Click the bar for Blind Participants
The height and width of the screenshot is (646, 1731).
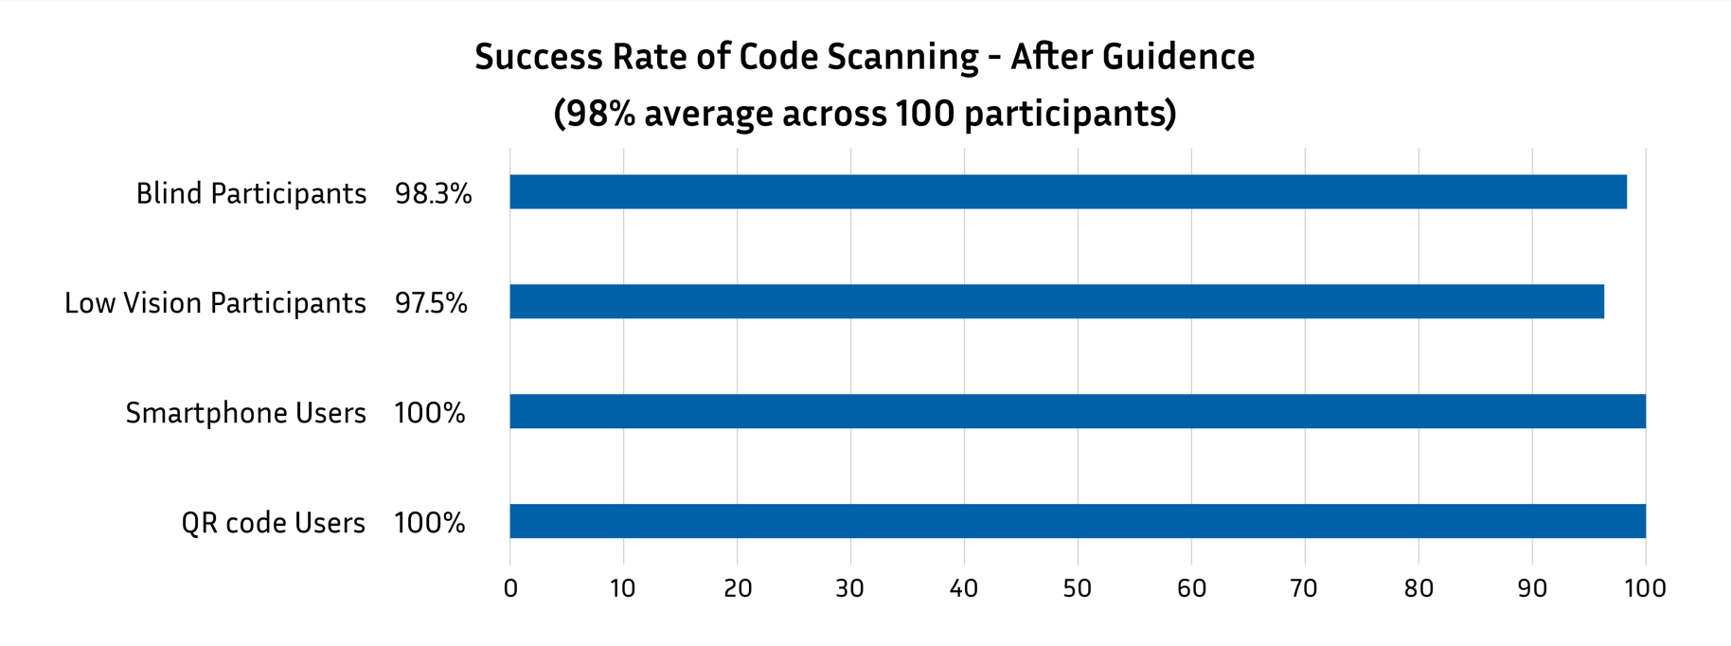point(1067,191)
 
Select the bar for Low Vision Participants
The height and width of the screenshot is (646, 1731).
point(1056,301)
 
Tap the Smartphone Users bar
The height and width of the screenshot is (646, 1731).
point(1077,411)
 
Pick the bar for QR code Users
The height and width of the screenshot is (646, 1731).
point(1077,521)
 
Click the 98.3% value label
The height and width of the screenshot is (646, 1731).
point(433,193)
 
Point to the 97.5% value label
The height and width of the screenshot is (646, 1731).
point(431,303)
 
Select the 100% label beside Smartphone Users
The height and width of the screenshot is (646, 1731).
point(429,413)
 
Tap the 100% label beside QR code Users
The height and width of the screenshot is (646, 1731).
point(429,523)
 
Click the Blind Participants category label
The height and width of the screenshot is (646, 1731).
point(251,193)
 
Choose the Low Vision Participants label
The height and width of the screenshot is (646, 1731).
point(215,303)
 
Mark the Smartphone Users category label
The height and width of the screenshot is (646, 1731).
point(245,413)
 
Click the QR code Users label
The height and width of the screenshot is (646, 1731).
point(273,523)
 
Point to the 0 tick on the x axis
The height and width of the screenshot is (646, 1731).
point(510,588)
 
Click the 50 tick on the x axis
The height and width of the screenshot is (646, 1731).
point(1077,588)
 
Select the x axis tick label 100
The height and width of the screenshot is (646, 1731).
point(1645,588)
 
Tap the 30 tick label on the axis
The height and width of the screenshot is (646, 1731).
point(849,588)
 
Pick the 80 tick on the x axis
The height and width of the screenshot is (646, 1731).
point(1418,588)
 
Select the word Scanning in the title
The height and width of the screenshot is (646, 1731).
point(902,57)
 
